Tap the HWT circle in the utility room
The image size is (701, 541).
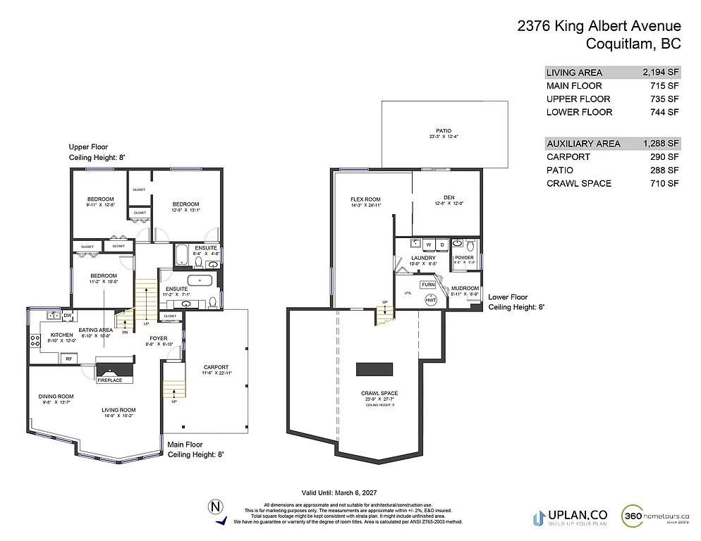430,299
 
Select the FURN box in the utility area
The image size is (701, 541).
428,285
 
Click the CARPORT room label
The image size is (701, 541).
217,367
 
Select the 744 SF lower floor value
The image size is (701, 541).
664,112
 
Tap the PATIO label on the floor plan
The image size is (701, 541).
444,131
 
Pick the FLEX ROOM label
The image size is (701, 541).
366,199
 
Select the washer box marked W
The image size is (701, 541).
428,244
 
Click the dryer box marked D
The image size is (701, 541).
442,244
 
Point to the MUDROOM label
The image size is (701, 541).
465,288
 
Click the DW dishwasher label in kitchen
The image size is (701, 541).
68,315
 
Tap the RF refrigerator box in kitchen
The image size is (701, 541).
69,359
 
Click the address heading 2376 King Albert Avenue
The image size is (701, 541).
599,27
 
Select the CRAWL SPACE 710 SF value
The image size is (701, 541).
664,183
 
